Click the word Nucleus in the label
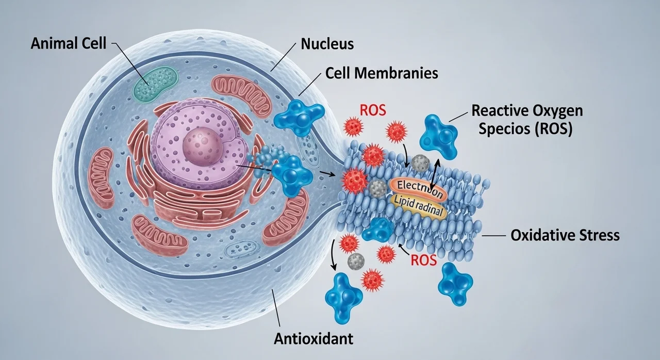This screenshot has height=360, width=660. coord(327,44)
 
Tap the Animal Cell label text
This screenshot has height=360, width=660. coord(68,43)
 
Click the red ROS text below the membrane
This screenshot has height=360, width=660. coord(423,261)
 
